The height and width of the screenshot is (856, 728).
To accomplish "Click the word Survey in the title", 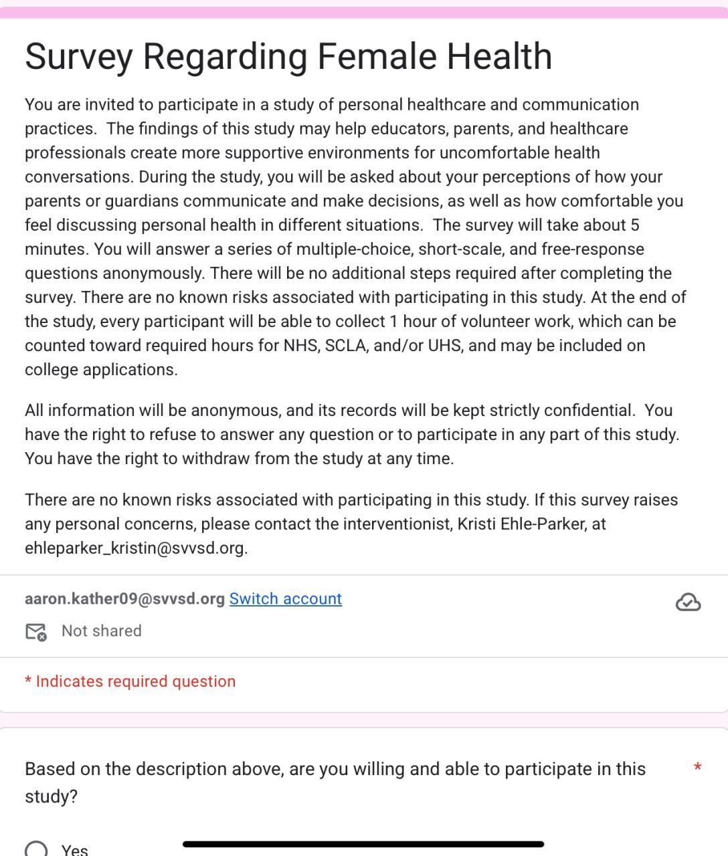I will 79,56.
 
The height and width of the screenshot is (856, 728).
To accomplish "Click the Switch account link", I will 285,599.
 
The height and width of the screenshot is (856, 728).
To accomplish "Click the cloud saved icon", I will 688,603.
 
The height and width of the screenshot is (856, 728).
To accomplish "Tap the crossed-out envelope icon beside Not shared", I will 36,631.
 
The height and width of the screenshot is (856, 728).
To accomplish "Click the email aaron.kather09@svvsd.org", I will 124,599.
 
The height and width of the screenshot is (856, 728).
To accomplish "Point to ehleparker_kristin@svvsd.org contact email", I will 136,548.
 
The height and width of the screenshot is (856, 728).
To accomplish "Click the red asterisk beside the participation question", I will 697,768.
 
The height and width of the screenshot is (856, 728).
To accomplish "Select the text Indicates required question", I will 135,681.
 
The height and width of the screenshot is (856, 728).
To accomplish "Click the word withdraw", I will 215,459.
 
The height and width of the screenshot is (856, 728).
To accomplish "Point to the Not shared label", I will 101,631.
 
